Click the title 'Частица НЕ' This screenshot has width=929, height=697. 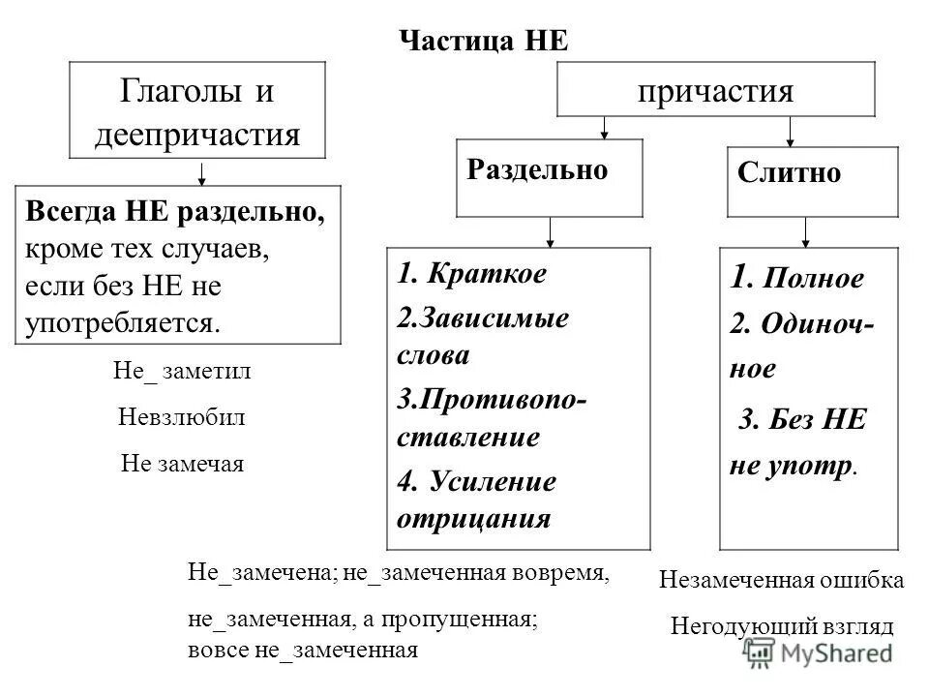pyautogui.click(x=484, y=40)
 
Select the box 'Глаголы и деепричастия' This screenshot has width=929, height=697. pyautogui.click(x=197, y=111)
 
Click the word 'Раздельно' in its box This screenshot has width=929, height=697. pyautogui.click(x=537, y=169)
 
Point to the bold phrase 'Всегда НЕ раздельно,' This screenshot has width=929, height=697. pyautogui.click(x=174, y=212)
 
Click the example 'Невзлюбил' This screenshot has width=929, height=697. pyautogui.click(x=182, y=417)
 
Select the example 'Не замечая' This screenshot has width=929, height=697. pyautogui.click(x=183, y=463)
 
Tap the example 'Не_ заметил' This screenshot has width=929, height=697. pyautogui.click(x=183, y=373)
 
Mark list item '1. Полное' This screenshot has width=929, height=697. pyautogui.click(x=795, y=279)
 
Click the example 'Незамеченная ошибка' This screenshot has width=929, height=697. pyautogui.click(x=782, y=581)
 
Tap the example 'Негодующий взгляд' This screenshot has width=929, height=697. pyautogui.click(x=783, y=625)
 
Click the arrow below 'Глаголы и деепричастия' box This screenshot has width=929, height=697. pyautogui.click(x=201, y=172)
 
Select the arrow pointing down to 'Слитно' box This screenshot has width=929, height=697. pyautogui.click(x=791, y=129)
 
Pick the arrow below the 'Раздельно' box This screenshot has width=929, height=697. pyautogui.click(x=550, y=231)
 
